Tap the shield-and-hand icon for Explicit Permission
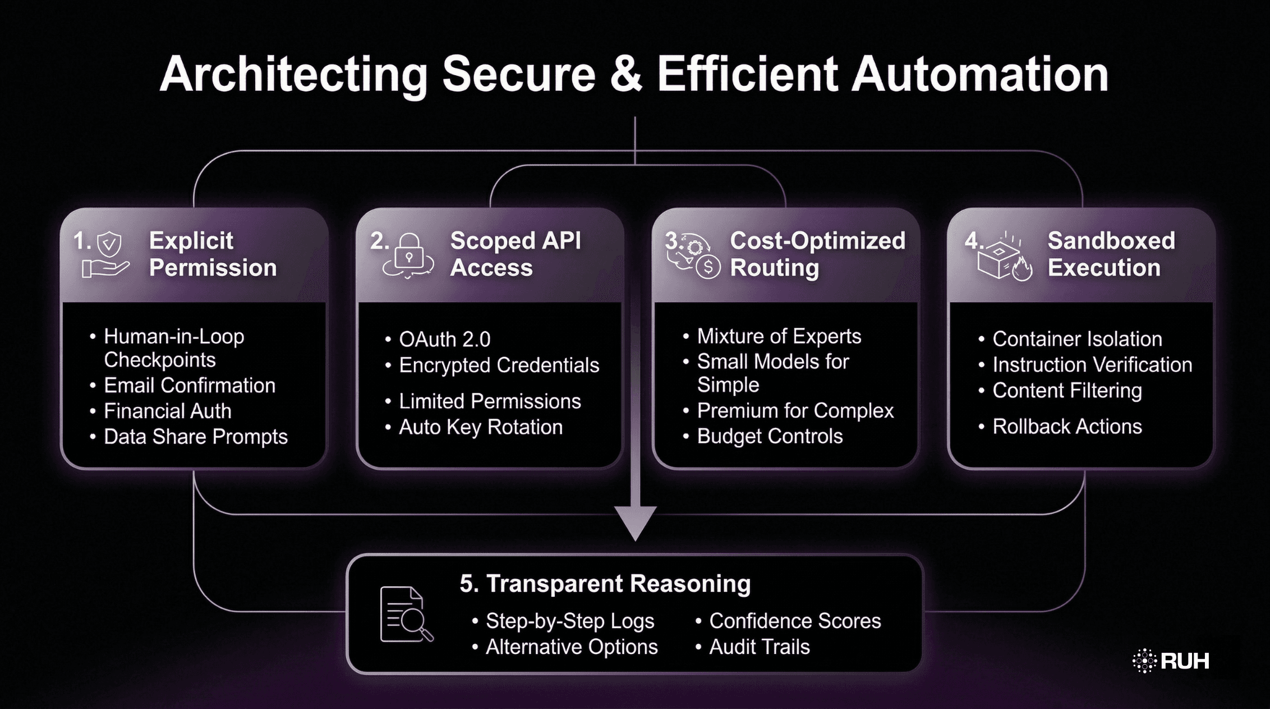(107, 256)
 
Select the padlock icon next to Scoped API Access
(408, 256)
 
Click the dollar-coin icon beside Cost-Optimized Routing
(708, 267)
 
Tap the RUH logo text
(1184, 661)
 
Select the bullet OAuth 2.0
(444, 339)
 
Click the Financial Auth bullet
(167, 411)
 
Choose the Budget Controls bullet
(770, 436)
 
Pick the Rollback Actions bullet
(1067, 426)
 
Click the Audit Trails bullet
(759, 647)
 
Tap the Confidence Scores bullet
(795, 621)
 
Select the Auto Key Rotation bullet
(480, 427)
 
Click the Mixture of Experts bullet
(779, 337)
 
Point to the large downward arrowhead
(635, 522)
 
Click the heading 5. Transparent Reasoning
(605, 583)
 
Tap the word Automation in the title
(979, 75)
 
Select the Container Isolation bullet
(1077, 339)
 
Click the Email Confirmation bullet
(190, 386)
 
